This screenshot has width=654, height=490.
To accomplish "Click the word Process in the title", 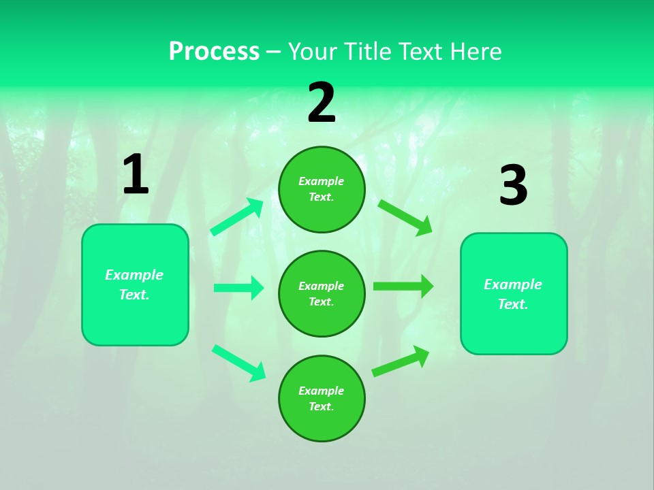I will [x=214, y=51].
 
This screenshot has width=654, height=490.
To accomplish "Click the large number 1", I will [x=135, y=176].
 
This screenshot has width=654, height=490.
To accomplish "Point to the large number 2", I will [x=322, y=103].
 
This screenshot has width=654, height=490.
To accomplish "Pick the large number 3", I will [x=513, y=186].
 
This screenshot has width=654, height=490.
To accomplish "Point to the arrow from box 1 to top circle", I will [x=237, y=217].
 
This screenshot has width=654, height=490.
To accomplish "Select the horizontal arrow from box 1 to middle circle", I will [x=238, y=288].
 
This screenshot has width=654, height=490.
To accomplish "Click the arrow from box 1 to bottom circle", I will [x=239, y=363].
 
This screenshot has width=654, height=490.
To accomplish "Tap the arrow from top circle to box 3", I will [x=405, y=218].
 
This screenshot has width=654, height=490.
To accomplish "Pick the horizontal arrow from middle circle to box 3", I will [x=403, y=287].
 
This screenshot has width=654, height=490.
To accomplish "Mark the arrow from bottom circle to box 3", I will [x=401, y=361].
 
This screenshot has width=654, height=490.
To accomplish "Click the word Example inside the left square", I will [x=134, y=275].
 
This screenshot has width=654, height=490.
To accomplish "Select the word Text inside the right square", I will [x=513, y=304].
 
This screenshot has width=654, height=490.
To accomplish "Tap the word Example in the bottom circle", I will [x=322, y=391].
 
